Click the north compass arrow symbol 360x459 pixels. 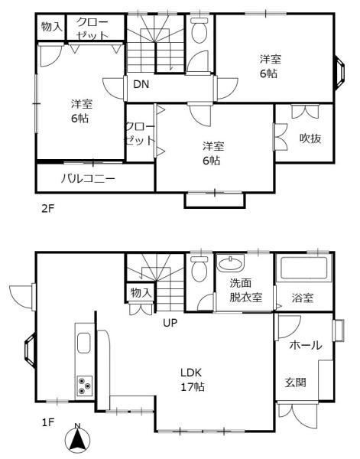[x=77, y=438]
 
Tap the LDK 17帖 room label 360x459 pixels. [x=192, y=379]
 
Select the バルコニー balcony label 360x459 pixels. [x=88, y=178]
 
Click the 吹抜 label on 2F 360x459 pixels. [x=310, y=138]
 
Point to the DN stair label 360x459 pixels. [x=141, y=84]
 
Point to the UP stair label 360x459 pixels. [x=170, y=323]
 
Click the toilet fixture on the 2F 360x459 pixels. [x=199, y=30]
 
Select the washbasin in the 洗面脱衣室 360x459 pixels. [x=231, y=263]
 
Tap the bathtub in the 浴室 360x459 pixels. [x=304, y=269]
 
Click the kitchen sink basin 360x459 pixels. [x=83, y=343]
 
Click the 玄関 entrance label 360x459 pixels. [x=296, y=382]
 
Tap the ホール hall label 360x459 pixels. [x=306, y=345]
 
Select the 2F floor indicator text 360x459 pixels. [x=48, y=209]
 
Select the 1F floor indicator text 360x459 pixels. [x=48, y=422]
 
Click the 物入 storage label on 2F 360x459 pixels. [x=52, y=27]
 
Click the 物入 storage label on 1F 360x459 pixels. [x=141, y=292]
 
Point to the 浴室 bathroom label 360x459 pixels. [x=303, y=298]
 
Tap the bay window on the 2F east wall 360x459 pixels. [x=340, y=73]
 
